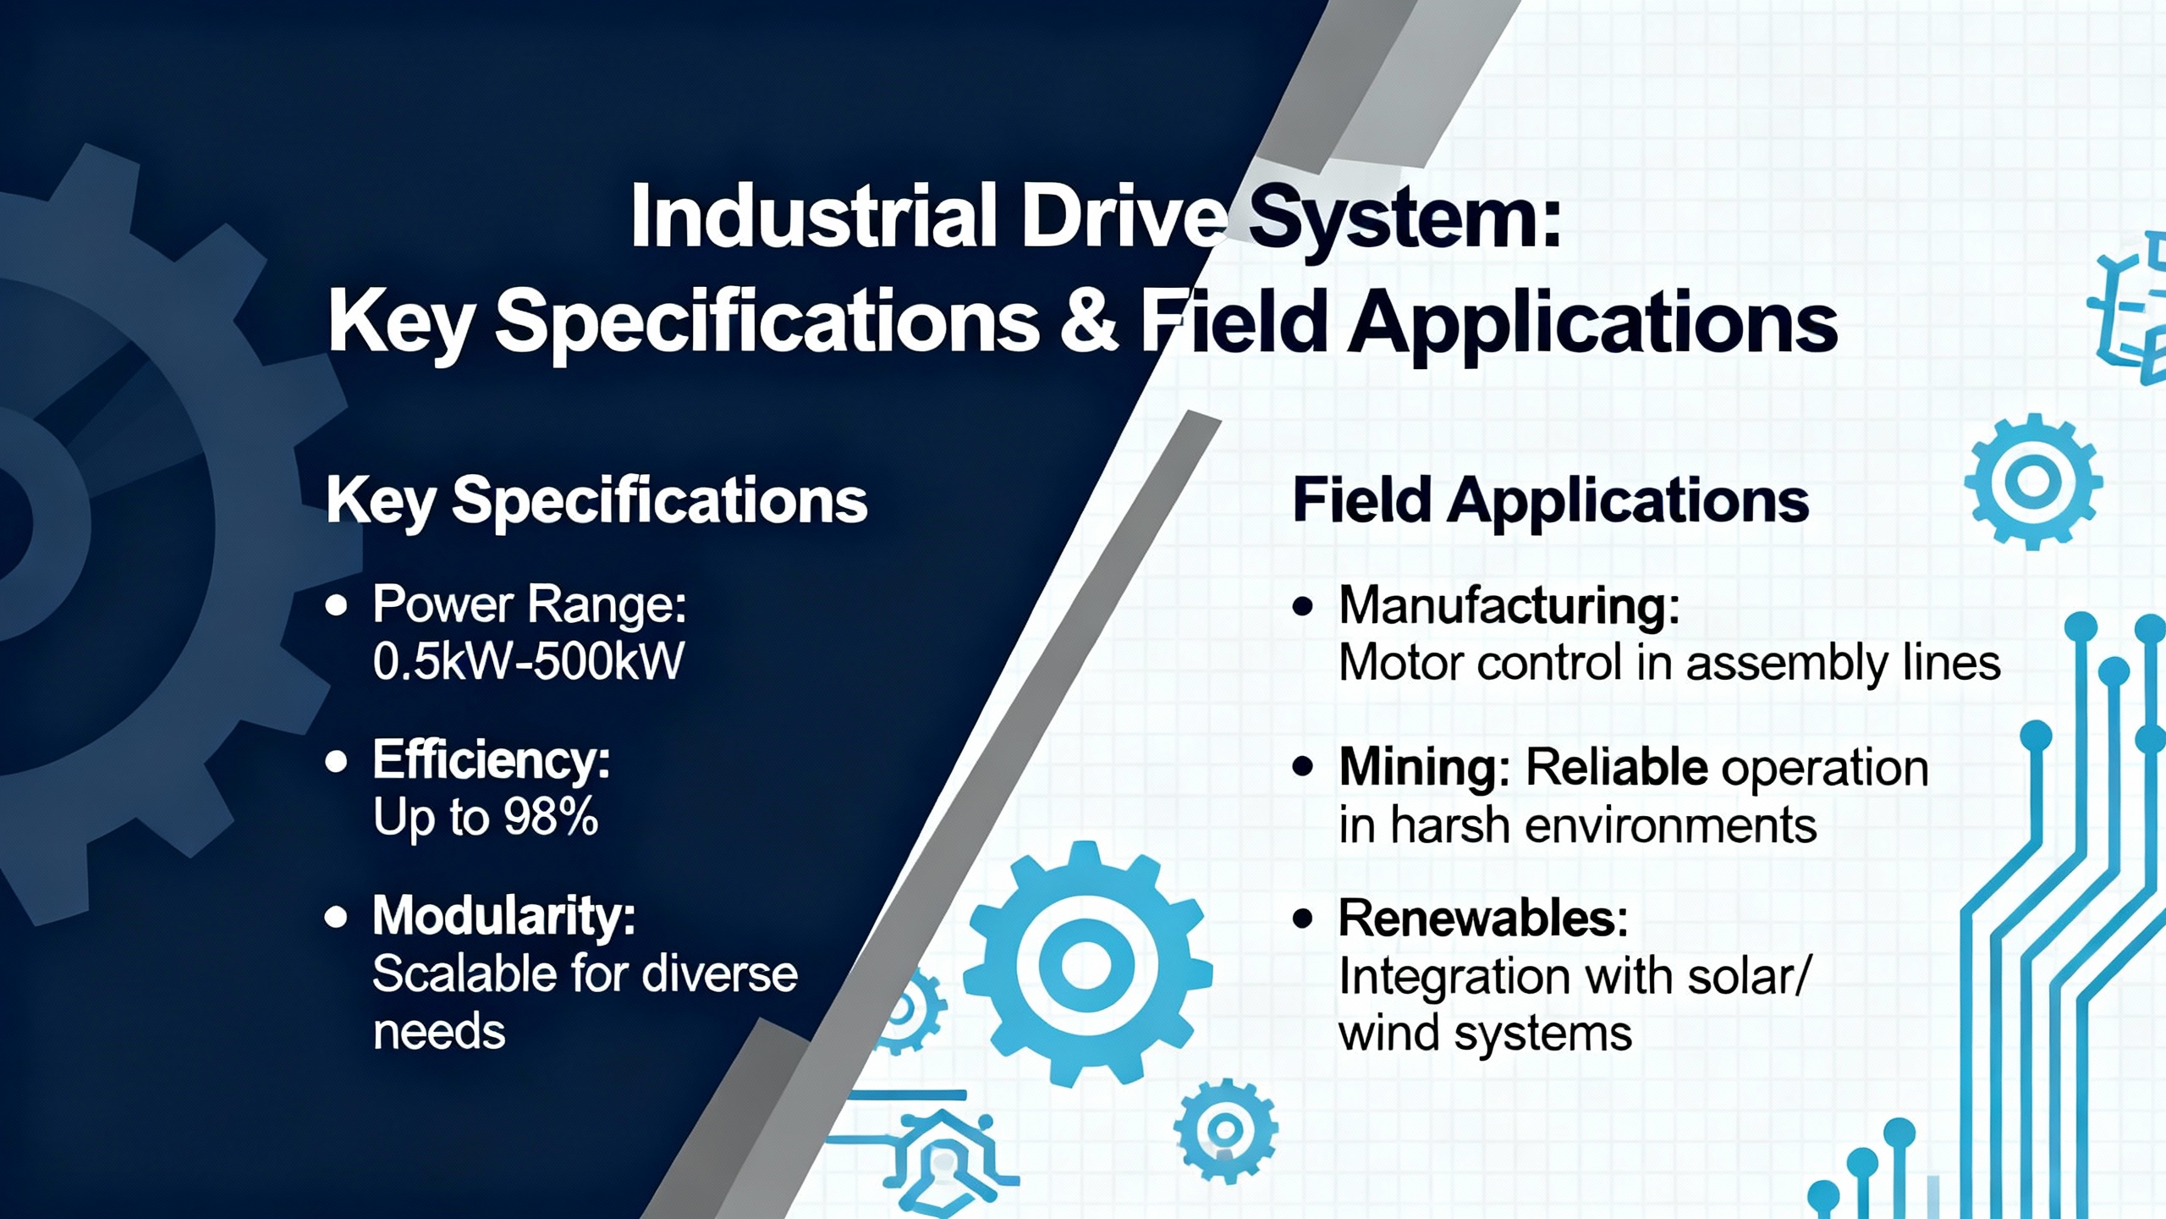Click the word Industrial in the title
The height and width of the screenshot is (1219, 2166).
pos(813,216)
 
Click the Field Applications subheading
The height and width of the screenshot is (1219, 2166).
pos(1550,499)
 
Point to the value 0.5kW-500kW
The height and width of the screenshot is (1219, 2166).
pos(528,661)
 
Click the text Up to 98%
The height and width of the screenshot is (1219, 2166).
pos(486,818)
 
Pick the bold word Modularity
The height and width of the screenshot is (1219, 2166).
pos(503,916)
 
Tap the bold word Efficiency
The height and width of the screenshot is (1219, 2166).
pos(491,759)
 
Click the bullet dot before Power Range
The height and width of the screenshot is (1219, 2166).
pos(337,605)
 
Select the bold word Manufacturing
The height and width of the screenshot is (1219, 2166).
pos(1509,606)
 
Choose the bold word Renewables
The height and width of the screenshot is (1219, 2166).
pos(1483,918)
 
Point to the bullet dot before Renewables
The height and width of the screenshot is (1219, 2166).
pos(1303,918)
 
